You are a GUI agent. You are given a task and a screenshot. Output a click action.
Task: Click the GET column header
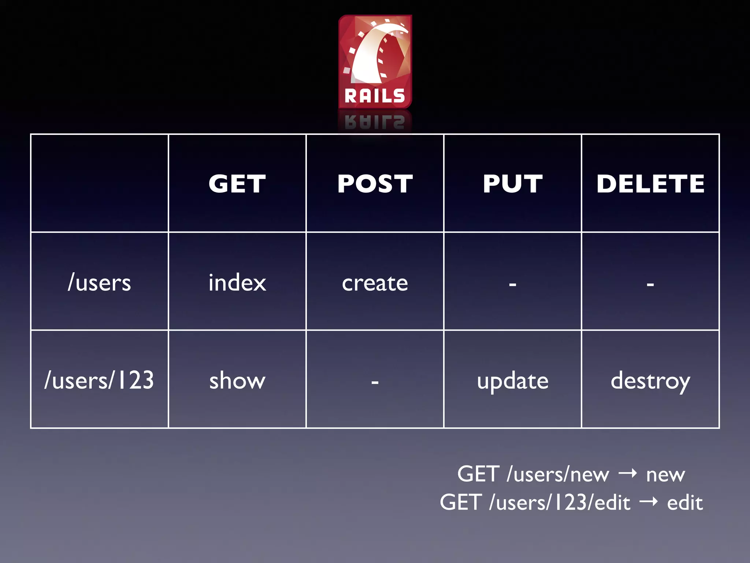tap(237, 183)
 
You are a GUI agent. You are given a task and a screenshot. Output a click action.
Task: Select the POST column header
tap(375, 183)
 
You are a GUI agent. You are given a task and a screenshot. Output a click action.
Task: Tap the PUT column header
tap(512, 183)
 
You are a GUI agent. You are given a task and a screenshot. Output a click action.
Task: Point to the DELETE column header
tap(650, 183)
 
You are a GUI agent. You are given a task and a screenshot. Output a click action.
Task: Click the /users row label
tap(99, 283)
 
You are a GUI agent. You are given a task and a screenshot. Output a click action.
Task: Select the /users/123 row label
tap(99, 380)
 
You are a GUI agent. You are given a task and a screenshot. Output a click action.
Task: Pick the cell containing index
tap(237, 283)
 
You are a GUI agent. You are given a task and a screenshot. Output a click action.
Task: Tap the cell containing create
tap(375, 283)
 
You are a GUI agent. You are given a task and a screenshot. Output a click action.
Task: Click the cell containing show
tap(237, 380)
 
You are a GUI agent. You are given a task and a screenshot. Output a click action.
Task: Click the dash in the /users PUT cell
tap(512, 284)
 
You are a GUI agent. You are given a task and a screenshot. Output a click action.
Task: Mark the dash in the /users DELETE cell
tap(650, 284)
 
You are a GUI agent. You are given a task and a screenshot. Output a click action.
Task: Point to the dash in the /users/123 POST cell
tap(375, 382)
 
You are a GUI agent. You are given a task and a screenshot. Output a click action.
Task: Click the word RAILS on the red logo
tap(375, 96)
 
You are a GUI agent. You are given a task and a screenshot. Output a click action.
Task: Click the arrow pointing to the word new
tap(628, 474)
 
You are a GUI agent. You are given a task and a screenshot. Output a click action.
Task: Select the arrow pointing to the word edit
tap(649, 501)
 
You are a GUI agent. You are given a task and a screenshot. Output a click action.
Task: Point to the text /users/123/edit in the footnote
tap(560, 502)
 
